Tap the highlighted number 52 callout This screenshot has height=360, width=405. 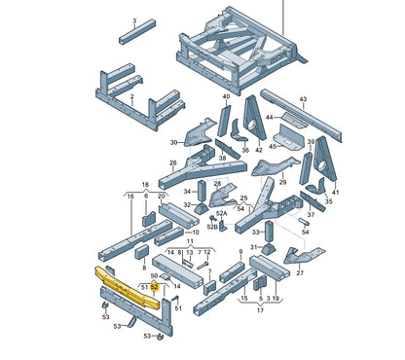pyautogui.click(x=154, y=288)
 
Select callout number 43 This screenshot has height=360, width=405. pyautogui.click(x=303, y=99)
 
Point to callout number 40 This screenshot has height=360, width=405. pyautogui.click(x=226, y=97)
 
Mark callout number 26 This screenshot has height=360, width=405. pyautogui.click(x=172, y=162)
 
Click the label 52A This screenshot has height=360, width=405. pyautogui.click(x=222, y=213)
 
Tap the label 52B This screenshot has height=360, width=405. pyautogui.click(x=213, y=227)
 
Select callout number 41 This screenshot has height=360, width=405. pyautogui.click(x=336, y=192)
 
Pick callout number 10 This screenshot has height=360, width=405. pyautogui.click(x=195, y=233)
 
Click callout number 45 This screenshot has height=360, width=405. pyautogui.click(x=274, y=148)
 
